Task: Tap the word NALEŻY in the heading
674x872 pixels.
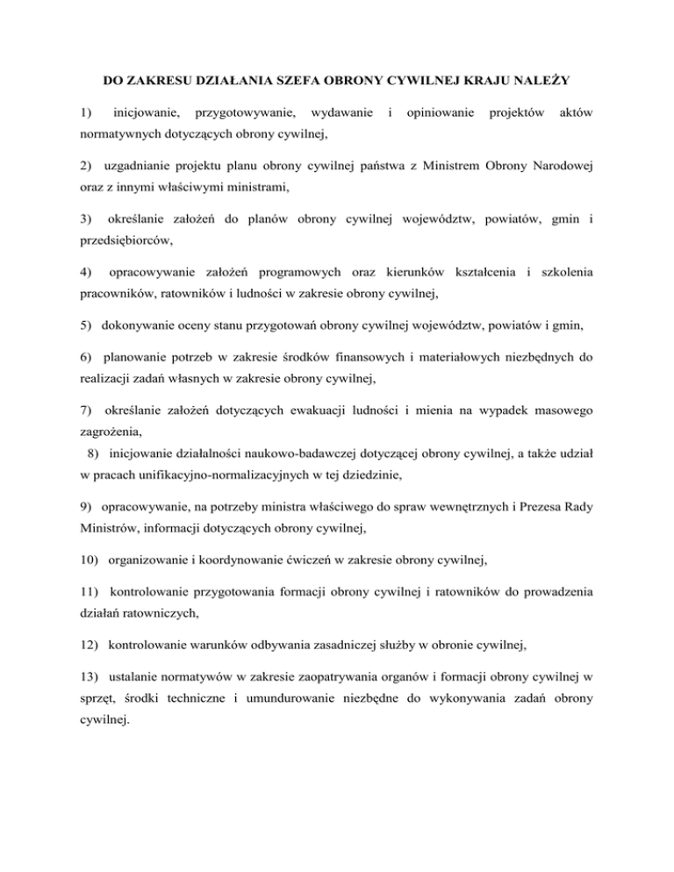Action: coord(536,82)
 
